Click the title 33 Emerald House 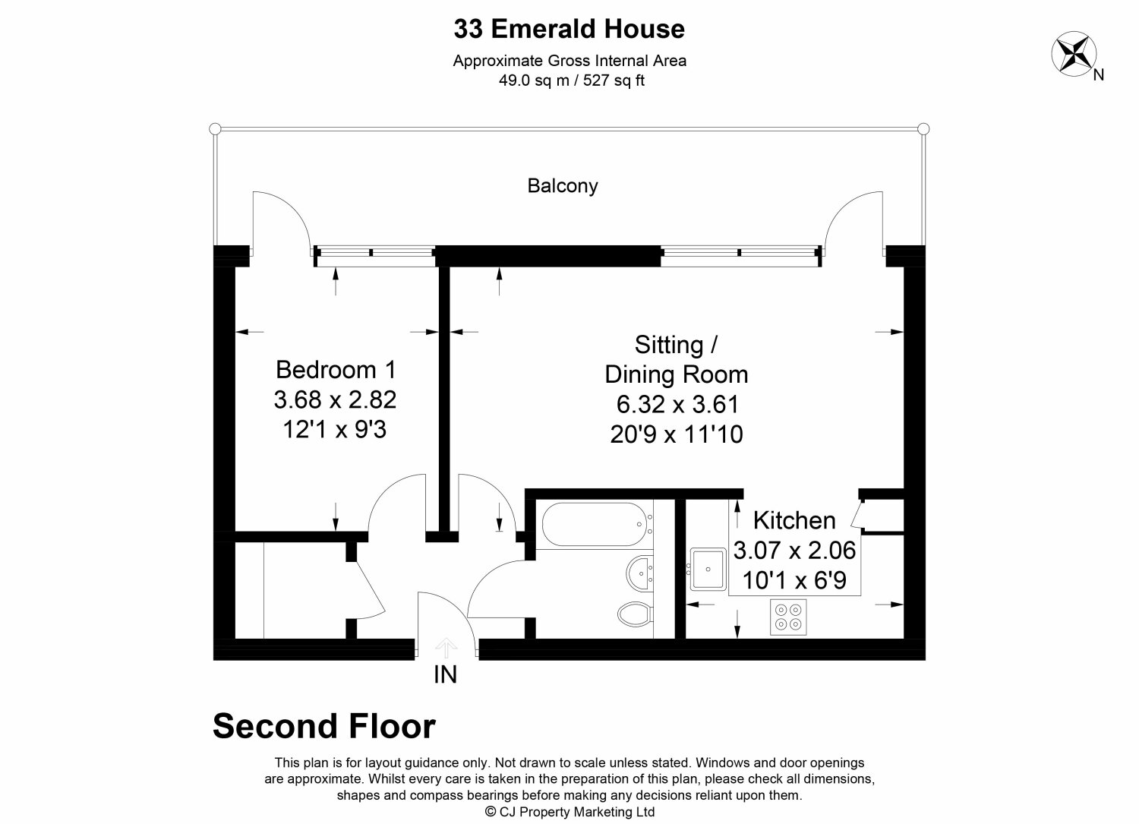[569, 29]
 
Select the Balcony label [563, 185]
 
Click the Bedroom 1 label [336, 370]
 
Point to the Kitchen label [794, 520]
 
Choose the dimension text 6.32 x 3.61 [676, 404]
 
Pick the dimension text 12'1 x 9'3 [336, 430]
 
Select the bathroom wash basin [640, 570]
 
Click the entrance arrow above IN [446, 647]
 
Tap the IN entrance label [445, 674]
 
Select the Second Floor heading [324, 726]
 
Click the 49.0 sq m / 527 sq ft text [569, 81]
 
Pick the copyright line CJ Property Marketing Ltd [569, 812]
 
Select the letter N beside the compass [1098, 74]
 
